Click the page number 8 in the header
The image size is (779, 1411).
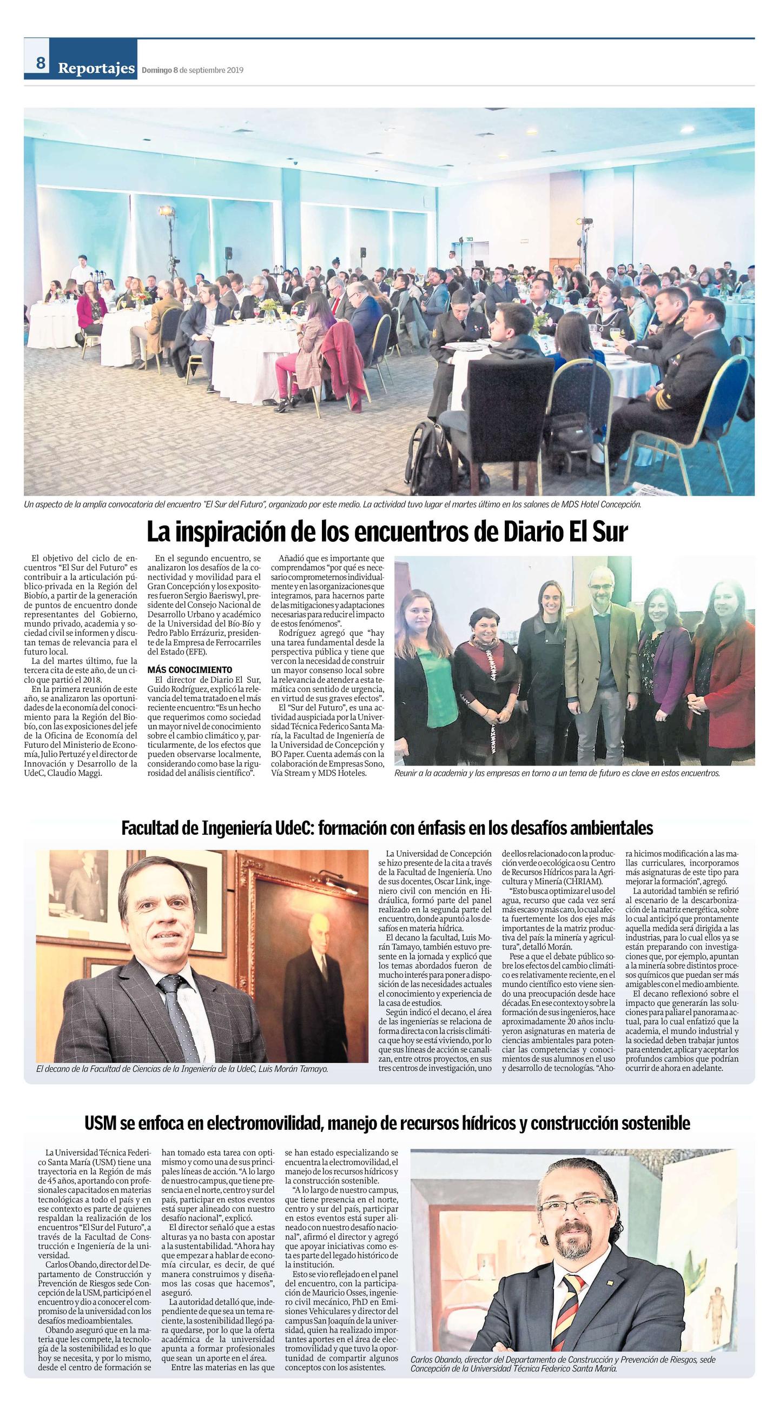[x=41, y=64]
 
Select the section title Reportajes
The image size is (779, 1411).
[x=96, y=69]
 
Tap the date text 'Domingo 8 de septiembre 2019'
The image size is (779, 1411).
[x=193, y=70]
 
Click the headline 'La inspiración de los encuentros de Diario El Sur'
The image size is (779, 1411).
[x=386, y=532]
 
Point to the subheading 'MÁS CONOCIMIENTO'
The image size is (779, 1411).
[x=189, y=670]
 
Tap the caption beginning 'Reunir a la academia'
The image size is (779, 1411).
[x=556, y=774]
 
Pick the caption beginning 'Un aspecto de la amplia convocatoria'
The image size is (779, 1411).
[x=332, y=504]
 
